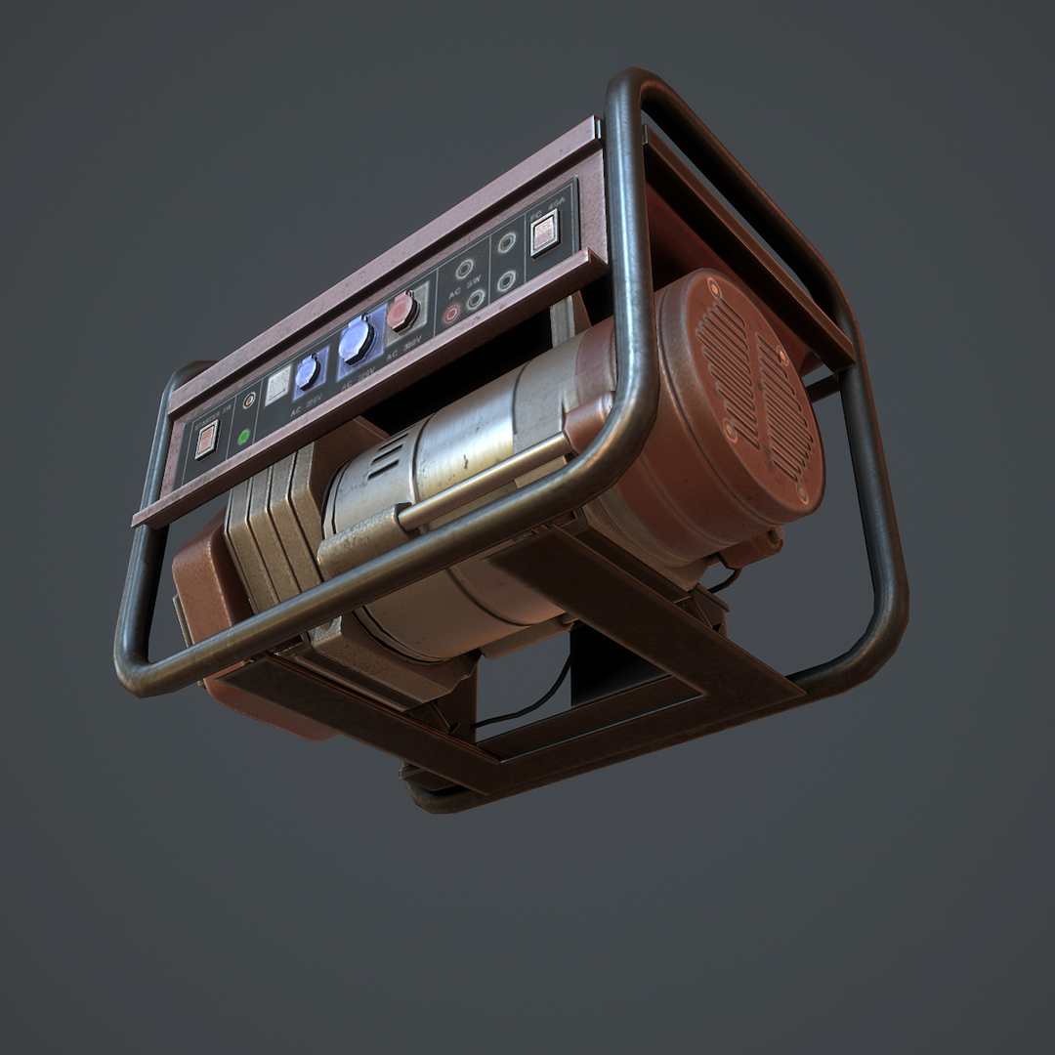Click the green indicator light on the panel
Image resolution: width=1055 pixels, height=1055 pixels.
click(243, 436)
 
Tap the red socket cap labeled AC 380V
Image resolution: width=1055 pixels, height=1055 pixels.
click(401, 312)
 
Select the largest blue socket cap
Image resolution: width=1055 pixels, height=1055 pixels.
click(357, 340)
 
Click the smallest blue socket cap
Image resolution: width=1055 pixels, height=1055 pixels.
click(308, 372)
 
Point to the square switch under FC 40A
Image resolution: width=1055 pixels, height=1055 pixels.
click(544, 235)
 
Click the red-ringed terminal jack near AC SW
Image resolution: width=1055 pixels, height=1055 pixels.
click(451, 314)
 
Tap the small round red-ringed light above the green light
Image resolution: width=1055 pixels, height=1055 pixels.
click(250, 400)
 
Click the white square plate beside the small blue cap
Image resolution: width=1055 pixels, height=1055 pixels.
click(277, 386)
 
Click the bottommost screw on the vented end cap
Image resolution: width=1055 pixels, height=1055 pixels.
click(803, 493)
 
